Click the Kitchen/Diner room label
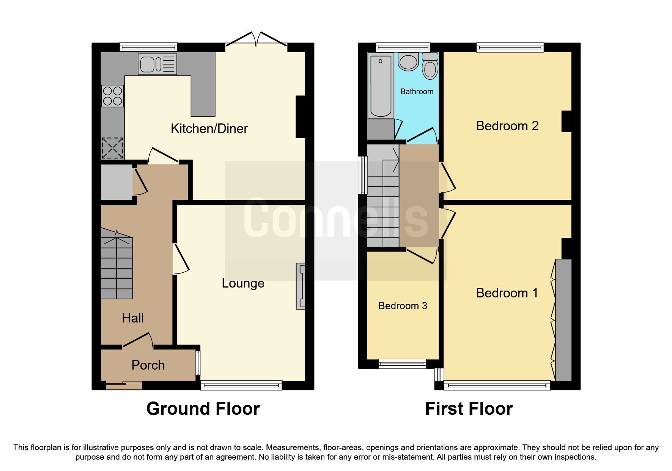pos(209,128)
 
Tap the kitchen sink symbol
pos(157,64)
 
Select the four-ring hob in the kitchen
pos(113,96)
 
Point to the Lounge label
pos(243,283)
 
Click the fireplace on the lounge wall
pos(301,286)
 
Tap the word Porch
pos(148,365)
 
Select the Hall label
pos(133,318)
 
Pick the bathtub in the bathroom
pos(381,85)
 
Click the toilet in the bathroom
pos(430,66)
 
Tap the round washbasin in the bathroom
pos(408,62)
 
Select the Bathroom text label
pos(417,92)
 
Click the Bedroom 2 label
pos(507,126)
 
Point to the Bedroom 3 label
pos(403,306)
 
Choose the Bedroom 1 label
pos(507,293)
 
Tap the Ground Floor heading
pos(203,409)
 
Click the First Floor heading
pos(469,409)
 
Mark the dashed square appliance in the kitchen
pos(113,148)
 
